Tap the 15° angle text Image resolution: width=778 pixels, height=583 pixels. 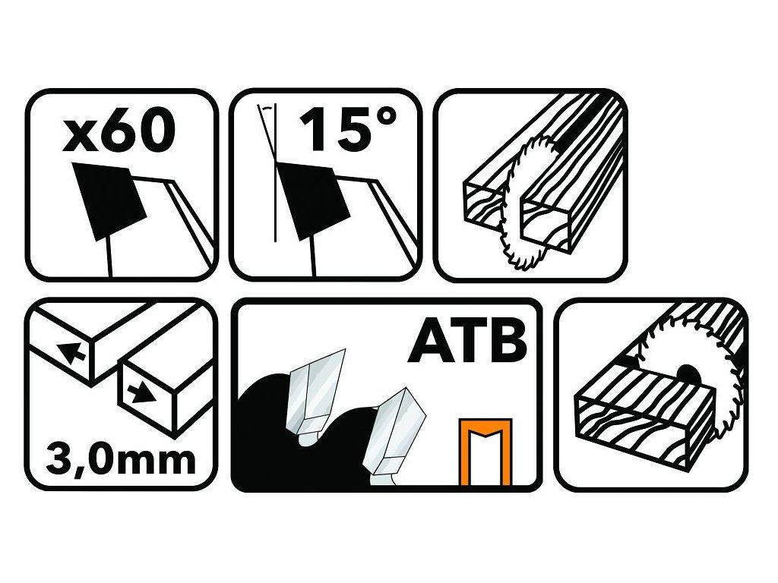[347, 129]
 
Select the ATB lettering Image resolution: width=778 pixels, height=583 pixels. [467, 342]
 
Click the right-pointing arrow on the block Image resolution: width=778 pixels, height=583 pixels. [141, 393]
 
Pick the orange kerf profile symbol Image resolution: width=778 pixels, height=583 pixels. [485, 451]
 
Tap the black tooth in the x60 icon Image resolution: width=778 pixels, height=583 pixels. [108, 200]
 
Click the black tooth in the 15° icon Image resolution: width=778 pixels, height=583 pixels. [308, 200]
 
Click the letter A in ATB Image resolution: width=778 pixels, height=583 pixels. [428, 342]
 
